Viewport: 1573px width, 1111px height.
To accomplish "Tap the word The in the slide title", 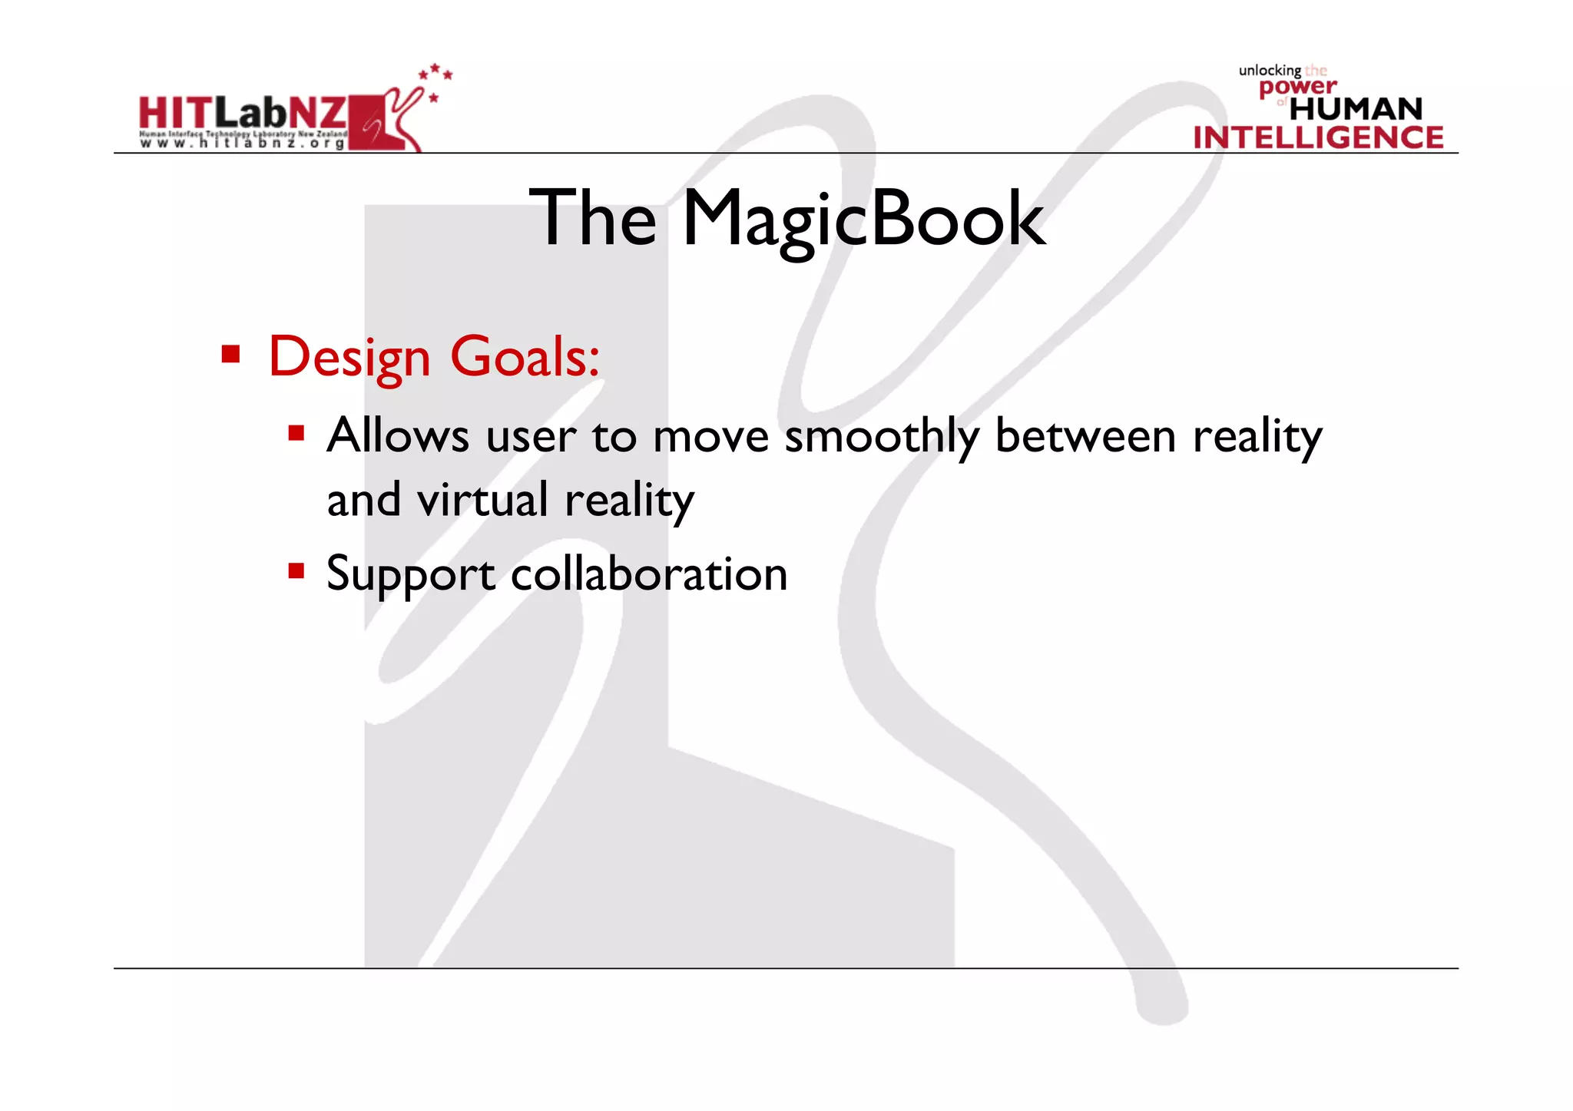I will [x=592, y=219].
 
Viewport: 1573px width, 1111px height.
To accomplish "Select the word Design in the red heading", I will [x=349, y=358].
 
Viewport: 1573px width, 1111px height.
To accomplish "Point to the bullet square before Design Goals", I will [x=230, y=354].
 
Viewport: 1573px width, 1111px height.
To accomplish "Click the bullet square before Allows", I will [x=296, y=434].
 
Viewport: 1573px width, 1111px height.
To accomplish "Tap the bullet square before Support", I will [x=296, y=571].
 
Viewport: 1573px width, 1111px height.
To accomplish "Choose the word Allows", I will [x=397, y=435].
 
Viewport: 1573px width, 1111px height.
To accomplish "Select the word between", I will [x=1085, y=436].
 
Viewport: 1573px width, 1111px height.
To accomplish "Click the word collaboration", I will [x=649, y=574].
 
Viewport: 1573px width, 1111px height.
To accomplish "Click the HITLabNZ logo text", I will [x=243, y=114].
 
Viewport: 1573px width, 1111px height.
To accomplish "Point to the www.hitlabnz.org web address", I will [x=243, y=144].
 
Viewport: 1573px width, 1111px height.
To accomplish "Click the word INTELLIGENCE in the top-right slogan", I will [x=1318, y=137].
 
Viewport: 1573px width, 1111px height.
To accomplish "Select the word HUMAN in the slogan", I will [x=1356, y=109].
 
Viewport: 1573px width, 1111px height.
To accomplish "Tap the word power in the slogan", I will [x=1297, y=88].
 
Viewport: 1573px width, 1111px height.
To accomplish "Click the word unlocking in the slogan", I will [x=1270, y=71].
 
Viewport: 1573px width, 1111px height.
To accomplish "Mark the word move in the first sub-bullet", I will [x=710, y=436].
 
